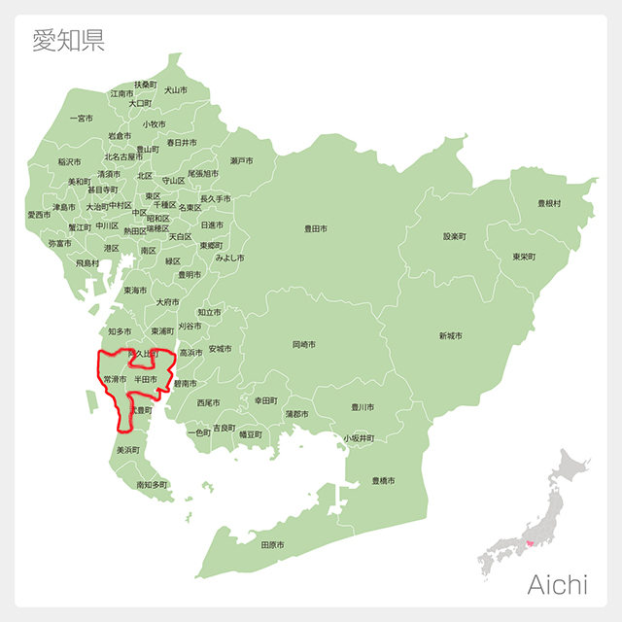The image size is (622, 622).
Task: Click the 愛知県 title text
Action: pos(68,40)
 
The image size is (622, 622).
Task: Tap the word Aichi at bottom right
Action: pos(557,584)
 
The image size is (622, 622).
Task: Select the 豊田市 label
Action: pos(316,229)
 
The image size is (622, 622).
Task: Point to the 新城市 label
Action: pos(450,335)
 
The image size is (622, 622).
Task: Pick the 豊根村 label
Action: pos(549,203)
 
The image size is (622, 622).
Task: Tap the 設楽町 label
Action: pos(455,236)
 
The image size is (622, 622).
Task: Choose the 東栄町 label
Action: pos(524,257)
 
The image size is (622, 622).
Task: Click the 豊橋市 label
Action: pos(383,481)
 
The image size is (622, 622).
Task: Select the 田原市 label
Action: pos(273,545)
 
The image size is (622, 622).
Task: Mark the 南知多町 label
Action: pos(152,484)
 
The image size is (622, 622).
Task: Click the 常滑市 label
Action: pos(115,378)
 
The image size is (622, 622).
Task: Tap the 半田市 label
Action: pos(146,378)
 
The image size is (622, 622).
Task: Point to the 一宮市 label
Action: pos(82,119)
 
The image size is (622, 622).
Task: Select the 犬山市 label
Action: pos(176,89)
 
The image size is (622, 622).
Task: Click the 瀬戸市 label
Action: pos(241,160)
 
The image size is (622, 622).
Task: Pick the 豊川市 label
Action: pos(363,406)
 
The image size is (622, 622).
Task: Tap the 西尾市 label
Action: pos(208,401)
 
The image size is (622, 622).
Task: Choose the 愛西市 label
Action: pos(39,215)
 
